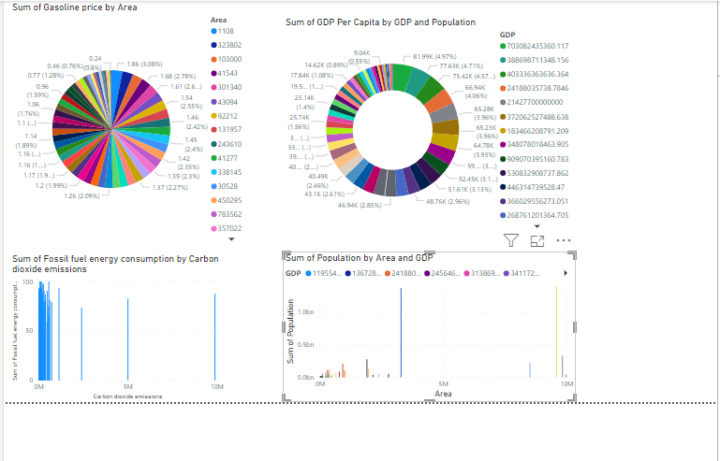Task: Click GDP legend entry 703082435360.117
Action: point(550,45)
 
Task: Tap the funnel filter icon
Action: point(511,240)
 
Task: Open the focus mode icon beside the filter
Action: point(537,240)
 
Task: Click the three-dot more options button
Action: point(564,240)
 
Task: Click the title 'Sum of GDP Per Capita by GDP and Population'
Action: point(380,22)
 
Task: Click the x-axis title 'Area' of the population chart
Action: point(444,394)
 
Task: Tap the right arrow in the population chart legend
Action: point(565,273)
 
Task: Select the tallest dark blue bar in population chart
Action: point(402,332)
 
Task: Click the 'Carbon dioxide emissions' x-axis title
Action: point(127,396)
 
